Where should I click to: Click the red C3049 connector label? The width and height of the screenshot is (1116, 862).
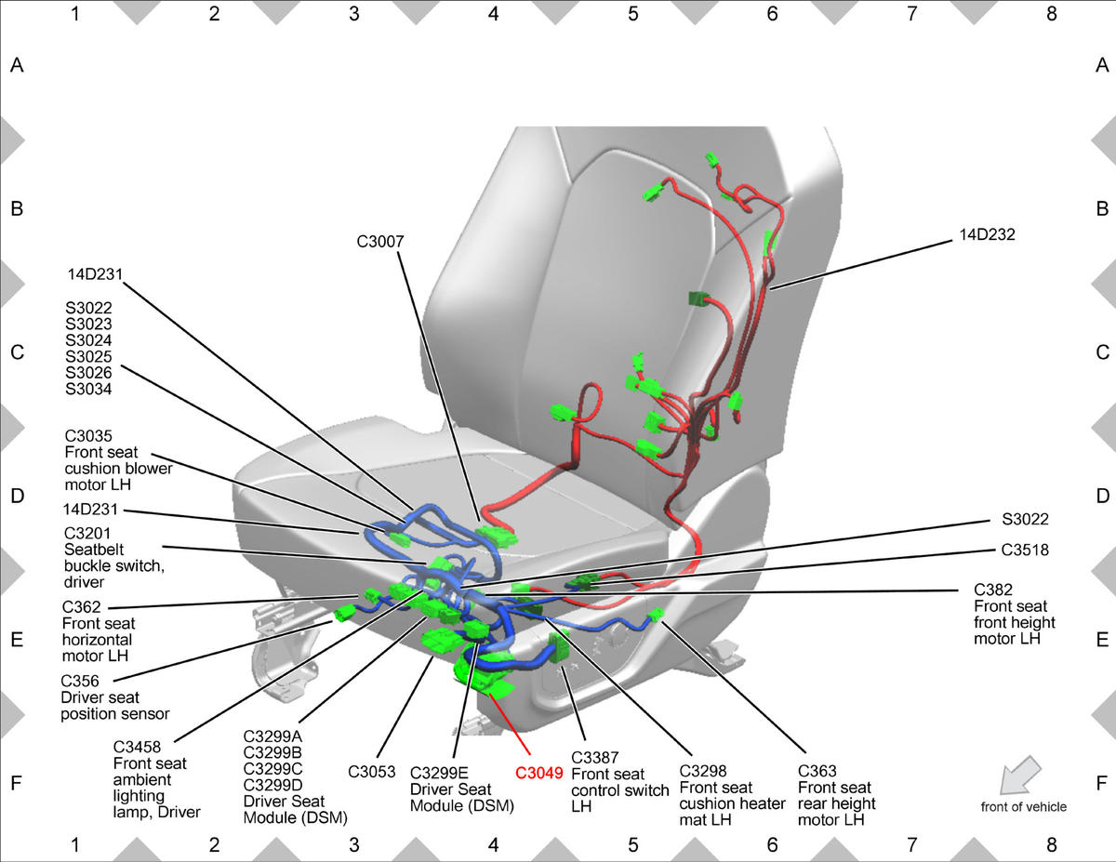click(x=538, y=773)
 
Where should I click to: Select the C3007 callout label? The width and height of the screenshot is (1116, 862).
click(x=380, y=241)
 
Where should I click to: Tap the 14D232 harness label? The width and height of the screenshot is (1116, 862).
click(x=987, y=234)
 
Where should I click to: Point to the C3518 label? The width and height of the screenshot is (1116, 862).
click(x=1025, y=550)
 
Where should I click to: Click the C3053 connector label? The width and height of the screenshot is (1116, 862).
click(x=371, y=772)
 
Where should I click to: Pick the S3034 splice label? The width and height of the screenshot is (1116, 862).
click(x=88, y=389)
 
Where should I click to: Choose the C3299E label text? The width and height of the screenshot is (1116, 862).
click(x=439, y=773)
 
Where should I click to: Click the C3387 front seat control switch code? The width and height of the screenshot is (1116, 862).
click(x=594, y=757)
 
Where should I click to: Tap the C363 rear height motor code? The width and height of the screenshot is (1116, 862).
click(x=817, y=771)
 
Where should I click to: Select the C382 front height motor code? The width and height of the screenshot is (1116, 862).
click(x=993, y=590)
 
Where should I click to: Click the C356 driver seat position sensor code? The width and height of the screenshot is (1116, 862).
click(x=80, y=681)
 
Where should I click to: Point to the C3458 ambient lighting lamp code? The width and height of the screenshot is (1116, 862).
click(x=137, y=747)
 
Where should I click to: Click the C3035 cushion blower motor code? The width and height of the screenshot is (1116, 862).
click(x=88, y=435)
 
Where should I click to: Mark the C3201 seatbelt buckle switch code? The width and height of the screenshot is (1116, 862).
click(x=87, y=533)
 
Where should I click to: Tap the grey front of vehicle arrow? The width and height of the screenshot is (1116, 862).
click(x=1020, y=776)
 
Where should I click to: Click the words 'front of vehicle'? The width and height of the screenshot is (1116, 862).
click(x=1024, y=806)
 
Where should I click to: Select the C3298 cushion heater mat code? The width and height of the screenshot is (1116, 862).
click(x=703, y=771)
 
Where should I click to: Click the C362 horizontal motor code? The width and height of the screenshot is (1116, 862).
click(x=81, y=606)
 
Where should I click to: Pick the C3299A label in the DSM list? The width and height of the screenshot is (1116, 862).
click(x=272, y=736)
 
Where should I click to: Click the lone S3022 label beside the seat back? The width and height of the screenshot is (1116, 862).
click(x=1025, y=519)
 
